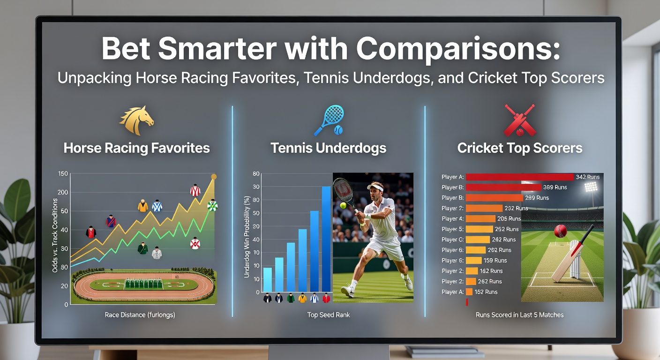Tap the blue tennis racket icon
pos(329,120)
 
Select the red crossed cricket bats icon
pos(520,120)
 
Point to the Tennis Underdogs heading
pos(329,148)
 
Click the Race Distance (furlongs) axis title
pos(140,315)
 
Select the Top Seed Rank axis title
pos(329,315)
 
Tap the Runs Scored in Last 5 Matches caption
pos(519,315)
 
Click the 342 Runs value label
pos(587,177)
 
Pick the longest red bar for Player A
pos(520,177)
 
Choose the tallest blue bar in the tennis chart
pos(326,239)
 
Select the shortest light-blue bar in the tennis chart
pos(268,279)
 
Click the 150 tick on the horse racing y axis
pos(63,173)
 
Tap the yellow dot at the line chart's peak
pos(214,177)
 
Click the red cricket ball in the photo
pos(561,231)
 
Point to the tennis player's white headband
pos(375,187)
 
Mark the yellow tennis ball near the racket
pos(343,205)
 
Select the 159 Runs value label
pos(495,261)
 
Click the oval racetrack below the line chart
pos(144,285)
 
